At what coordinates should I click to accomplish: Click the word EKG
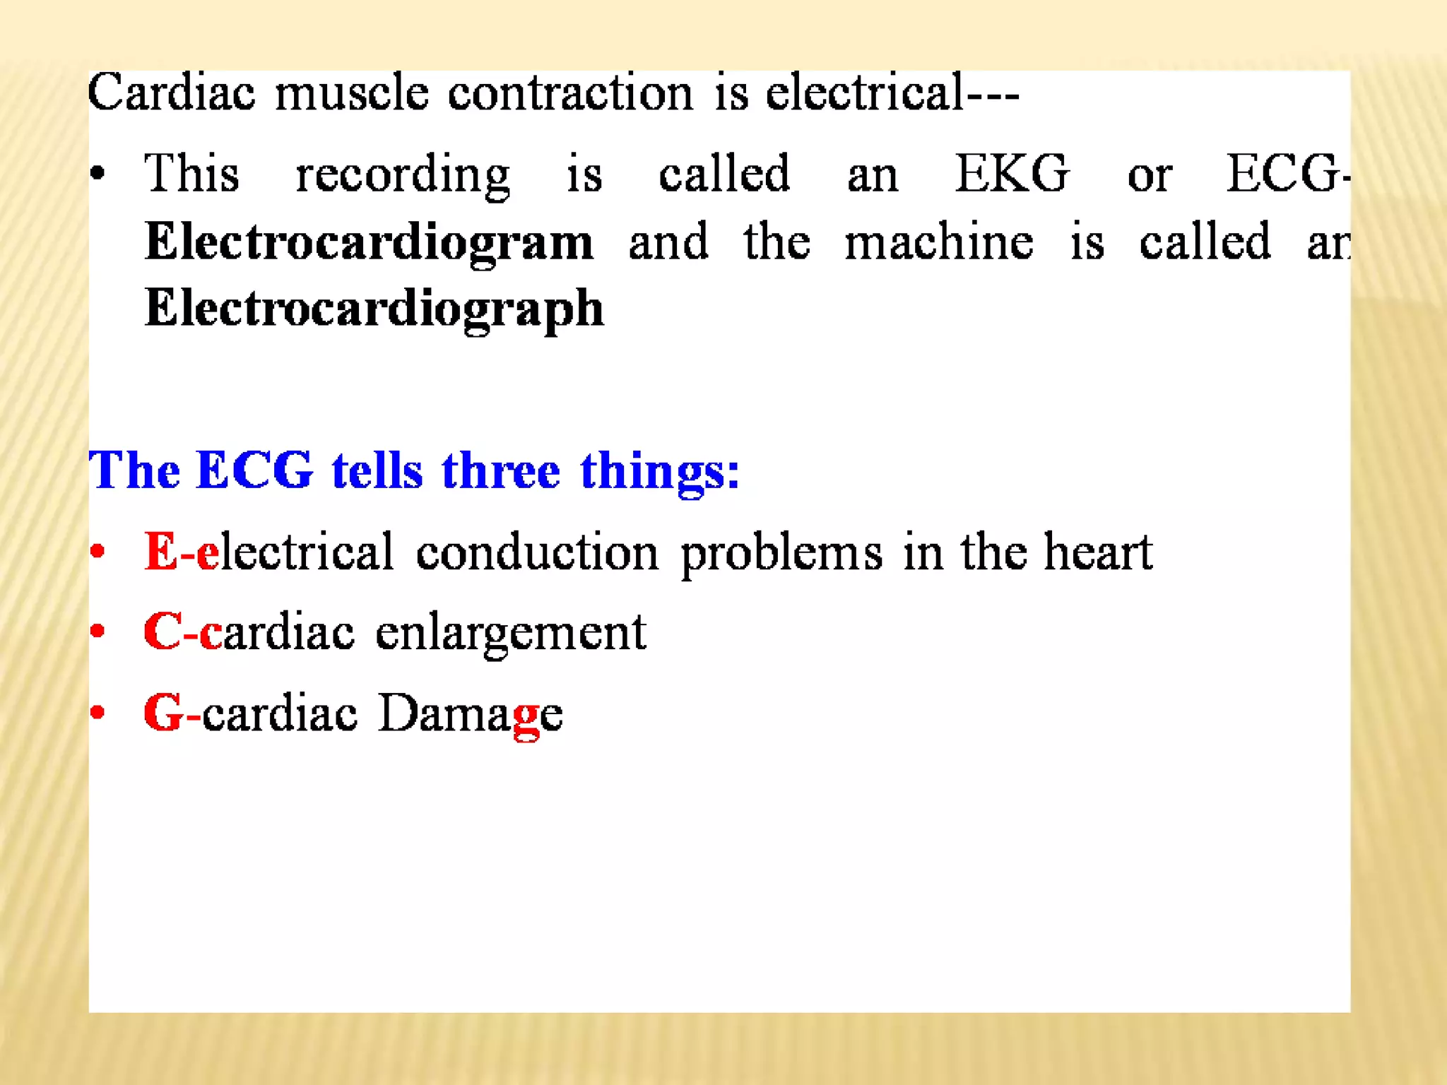pyautogui.click(x=1012, y=173)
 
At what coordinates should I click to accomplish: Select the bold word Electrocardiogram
pyautogui.click(x=369, y=242)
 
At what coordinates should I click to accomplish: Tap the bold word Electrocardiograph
pyautogui.click(x=374, y=309)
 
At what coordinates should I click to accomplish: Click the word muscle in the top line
pyautogui.click(x=351, y=93)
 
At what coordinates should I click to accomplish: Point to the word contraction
pyautogui.click(x=571, y=93)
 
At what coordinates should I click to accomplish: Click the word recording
pyautogui.click(x=403, y=174)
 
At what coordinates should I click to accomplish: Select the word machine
pyautogui.click(x=939, y=242)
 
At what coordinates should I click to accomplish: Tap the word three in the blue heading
pyautogui.click(x=500, y=470)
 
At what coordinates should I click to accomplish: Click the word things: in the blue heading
pyautogui.click(x=660, y=472)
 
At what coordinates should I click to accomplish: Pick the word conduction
pyautogui.click(x=537, y=552)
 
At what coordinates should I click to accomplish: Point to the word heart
pyautogui.click(x=1098, y=552)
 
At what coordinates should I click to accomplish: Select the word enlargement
pyautogui.click(x=510, y=633)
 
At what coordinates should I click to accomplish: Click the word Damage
pyautogui.click(x=471, y=713)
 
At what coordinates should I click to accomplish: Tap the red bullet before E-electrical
pyautogui.click(x=98, y=551)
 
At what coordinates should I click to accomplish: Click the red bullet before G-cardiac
pyautogui.click(x=98, y=712)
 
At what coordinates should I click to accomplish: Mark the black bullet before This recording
pyautogui.click(x=98, y=173)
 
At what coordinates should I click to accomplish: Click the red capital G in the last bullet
pyautogui.click(x=163, y=713)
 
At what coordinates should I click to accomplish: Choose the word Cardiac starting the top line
pyautogui.click(x=171, y=93)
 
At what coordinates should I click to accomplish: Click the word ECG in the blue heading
pyautogui.click(x=254, y=470)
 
